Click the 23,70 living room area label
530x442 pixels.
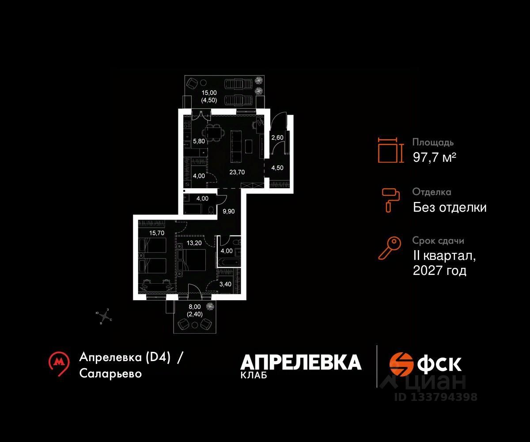tap(237, 172)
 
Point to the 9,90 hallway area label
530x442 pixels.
tap(229, 211)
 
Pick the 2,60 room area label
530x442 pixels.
tap(277, 137)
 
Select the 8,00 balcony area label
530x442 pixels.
tap(195, 306)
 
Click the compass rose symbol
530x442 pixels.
tap(105, 316)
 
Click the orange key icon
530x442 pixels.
tap(389, 248)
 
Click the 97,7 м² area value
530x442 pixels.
tap(434, 157)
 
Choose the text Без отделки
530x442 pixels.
tap(450, 207)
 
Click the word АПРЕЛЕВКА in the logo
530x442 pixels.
tap(301, 362)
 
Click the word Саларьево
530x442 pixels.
tap(111, 373)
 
